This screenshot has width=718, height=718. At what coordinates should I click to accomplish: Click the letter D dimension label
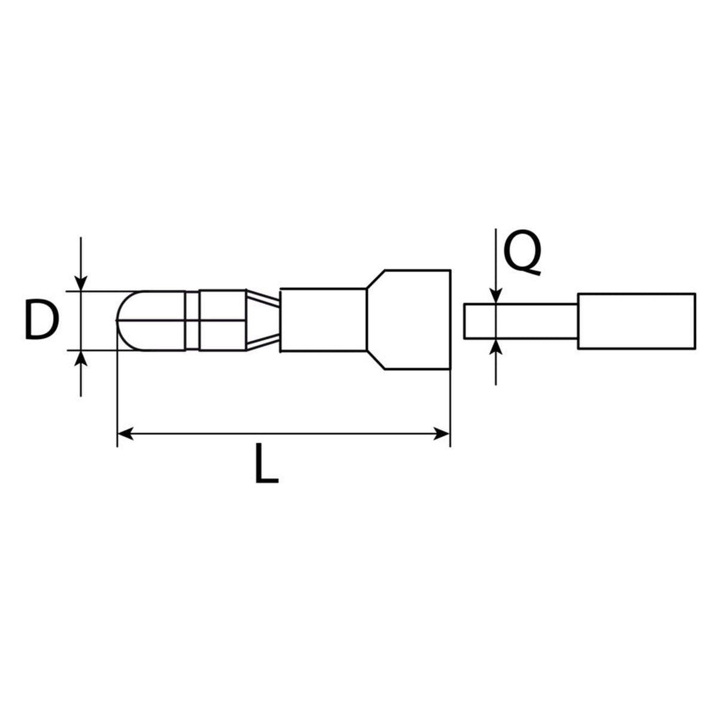click(42, 320)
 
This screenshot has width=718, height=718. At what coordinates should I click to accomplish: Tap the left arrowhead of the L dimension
click(125, 434)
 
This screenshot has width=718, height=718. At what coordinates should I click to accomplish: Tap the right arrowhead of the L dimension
click(442, 434)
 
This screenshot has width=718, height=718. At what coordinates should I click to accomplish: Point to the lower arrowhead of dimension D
click(81, 358)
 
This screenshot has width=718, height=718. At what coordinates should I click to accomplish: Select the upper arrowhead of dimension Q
click(495, 296)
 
